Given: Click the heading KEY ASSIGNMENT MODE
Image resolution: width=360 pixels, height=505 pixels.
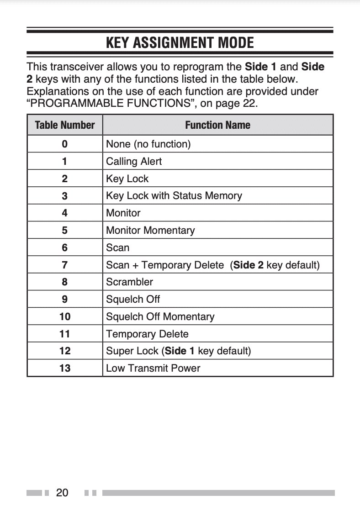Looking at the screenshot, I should [180, 43].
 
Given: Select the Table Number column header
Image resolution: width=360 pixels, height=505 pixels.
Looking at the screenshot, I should [64, 125].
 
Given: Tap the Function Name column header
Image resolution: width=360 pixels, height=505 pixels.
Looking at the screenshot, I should [217, 125].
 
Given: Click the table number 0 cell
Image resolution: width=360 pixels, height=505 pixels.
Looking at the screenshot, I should [64, 144].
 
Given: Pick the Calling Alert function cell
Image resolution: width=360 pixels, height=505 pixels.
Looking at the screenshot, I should [134, 162].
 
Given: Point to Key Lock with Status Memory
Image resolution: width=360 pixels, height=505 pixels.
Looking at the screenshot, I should [174, 196].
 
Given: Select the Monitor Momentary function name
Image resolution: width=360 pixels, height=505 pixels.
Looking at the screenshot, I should [150, 231].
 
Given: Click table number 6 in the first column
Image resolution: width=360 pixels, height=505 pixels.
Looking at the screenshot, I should [64, 248].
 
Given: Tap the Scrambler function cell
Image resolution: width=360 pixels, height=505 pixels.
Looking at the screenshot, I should [129, 282].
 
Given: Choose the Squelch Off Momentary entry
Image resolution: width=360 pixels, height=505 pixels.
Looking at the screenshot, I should [160, 317].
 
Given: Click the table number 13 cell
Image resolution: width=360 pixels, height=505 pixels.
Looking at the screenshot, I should [64, 368].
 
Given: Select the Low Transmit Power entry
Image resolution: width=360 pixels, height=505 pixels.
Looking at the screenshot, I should [153, 368].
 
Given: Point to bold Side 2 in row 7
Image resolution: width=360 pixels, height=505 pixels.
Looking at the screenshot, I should [248, 265].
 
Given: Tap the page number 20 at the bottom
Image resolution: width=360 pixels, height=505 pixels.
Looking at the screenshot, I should [62, 493].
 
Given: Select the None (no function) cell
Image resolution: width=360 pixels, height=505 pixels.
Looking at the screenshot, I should [148, 144].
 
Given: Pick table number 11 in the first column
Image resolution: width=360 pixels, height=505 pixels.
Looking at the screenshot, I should [64, 334].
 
